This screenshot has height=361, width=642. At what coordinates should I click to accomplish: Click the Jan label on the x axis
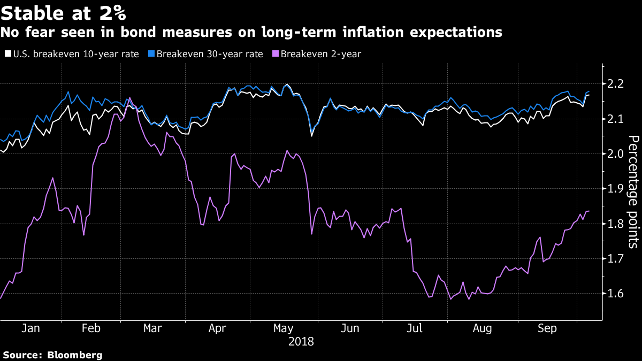coord(30,328)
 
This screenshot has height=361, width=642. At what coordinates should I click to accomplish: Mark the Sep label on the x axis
coord(547,328)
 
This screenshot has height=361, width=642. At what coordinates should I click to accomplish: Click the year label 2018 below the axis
coord(301,341)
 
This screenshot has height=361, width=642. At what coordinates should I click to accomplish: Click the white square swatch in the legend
coord(7,53)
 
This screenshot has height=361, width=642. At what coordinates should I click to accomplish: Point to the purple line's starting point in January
coord(1,298)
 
